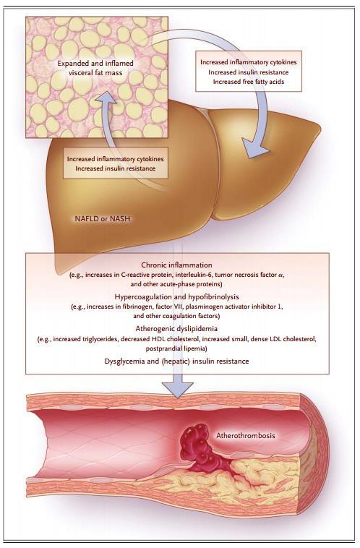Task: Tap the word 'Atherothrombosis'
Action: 245,435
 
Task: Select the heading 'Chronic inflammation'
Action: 177,265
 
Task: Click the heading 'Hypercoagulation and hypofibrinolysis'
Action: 177,296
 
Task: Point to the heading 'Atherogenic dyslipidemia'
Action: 176,328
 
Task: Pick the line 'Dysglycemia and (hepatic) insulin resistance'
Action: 177,361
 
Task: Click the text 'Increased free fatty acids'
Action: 249,82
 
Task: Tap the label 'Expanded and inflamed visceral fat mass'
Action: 95,68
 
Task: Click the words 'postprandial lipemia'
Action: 176,348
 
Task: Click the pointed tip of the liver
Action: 320,127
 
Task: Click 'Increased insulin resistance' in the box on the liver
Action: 116,168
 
